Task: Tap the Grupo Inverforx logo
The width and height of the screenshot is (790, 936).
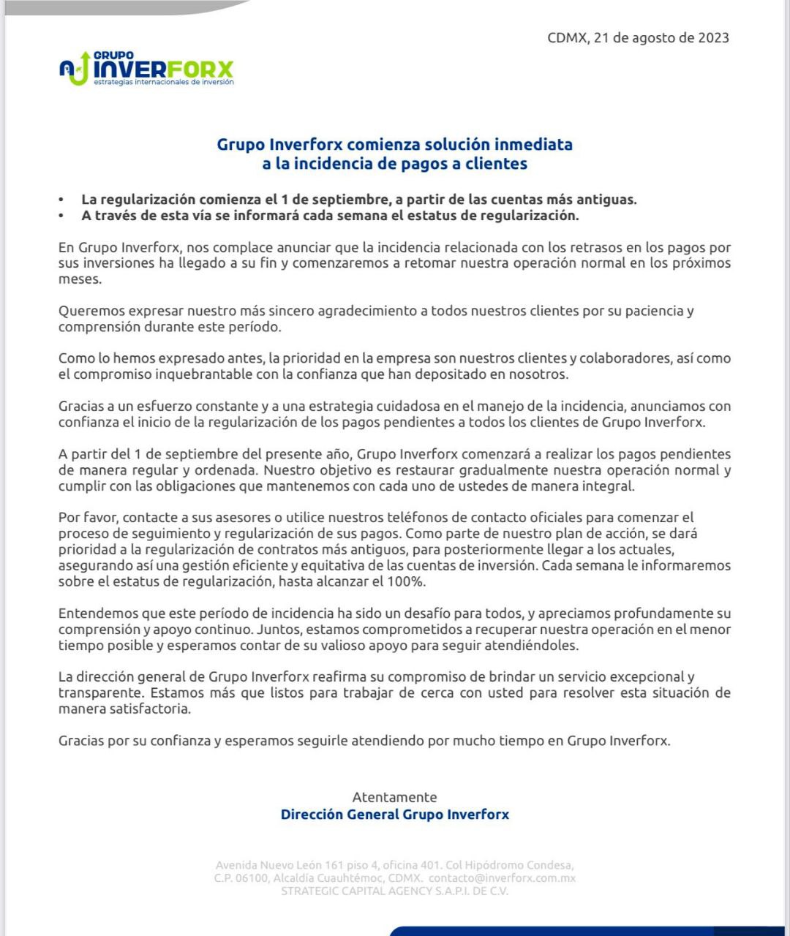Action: tap(146, 69)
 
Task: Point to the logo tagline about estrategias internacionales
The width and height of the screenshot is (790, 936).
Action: tap(164, 83)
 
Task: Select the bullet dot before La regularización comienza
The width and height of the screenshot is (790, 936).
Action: tap(62, 200)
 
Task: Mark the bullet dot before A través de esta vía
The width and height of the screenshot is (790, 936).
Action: tap(62, 216)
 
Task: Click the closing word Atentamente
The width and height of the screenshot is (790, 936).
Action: tap(394, 798)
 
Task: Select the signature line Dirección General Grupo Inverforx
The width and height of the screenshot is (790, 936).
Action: tap(394, 815)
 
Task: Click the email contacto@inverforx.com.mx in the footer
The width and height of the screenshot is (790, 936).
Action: tap(502, 878)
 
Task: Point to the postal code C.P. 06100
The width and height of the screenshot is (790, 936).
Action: tap(241, 878)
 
